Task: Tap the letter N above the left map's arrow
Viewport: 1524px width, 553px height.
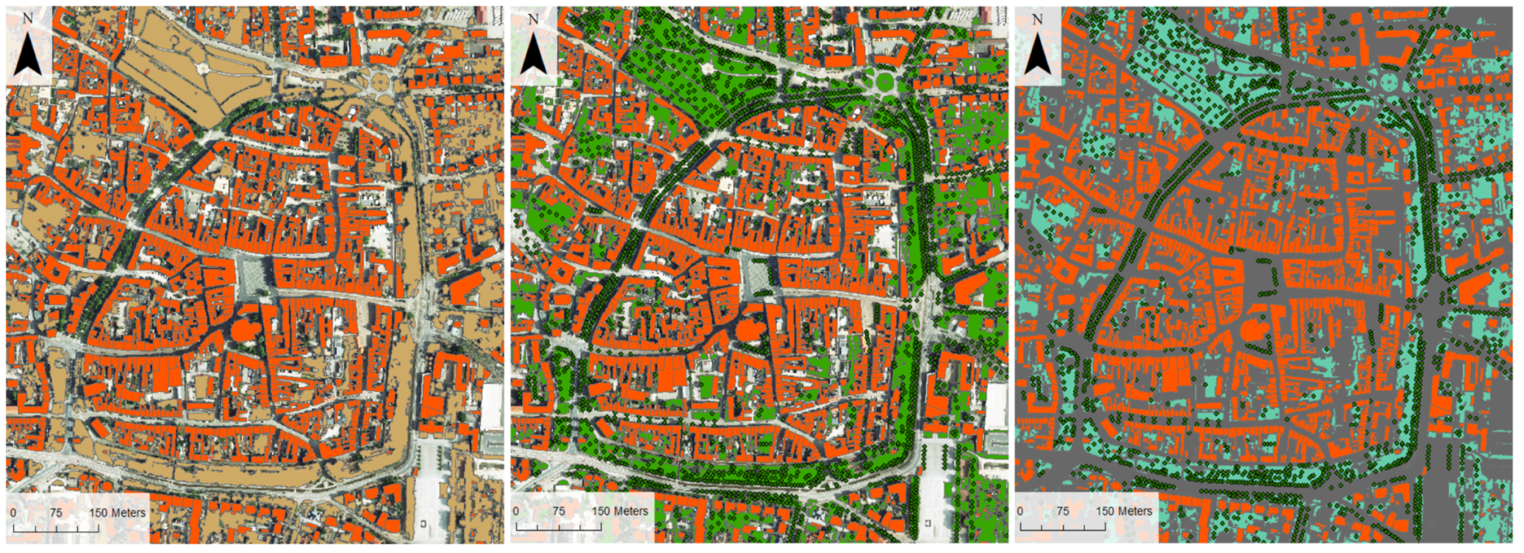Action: (x=29, y=19)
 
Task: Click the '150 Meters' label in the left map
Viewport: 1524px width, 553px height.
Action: (x=117, y=513)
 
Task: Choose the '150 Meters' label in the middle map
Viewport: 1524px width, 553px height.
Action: (x=620, y=511)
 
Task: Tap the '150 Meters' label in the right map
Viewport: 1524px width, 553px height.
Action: (x=1123, y=511)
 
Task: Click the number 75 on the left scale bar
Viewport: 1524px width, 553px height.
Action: (x=56, y=513)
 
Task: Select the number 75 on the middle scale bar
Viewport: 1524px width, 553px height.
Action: (x=559, y=511)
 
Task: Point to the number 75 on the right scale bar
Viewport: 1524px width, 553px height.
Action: (x=1062, y=511)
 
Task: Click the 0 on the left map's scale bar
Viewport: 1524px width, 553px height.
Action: (x=13, y=513)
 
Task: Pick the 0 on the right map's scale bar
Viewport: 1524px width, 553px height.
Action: (x=1020, y=511)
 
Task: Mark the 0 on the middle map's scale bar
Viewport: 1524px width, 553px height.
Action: (x=516, y=511)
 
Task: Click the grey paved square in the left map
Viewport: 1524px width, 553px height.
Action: (x=253, y=275)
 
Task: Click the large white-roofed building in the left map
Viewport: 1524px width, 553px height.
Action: (x=491, y=407)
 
